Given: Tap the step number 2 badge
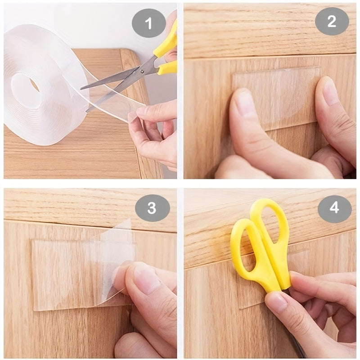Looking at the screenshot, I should [332, 22].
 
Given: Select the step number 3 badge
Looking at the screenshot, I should [152, 207].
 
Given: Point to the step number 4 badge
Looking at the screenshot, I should [334, 207].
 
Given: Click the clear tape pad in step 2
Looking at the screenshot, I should [277, 97].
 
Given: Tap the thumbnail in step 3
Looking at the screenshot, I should [144, 277].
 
